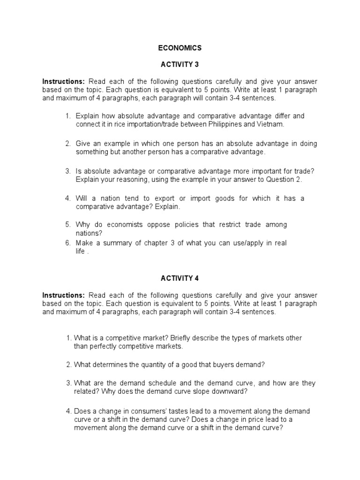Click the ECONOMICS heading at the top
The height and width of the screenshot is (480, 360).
click(180, 48)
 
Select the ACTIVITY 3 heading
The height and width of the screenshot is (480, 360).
click(180, 64)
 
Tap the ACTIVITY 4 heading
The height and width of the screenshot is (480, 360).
click(180, 278)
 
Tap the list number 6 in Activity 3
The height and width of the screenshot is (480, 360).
click(68, 243)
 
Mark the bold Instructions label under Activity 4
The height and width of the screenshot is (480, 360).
click(64, 295)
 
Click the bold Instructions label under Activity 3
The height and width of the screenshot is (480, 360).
click(64, 81)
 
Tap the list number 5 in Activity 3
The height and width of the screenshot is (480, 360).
click(68, 225)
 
